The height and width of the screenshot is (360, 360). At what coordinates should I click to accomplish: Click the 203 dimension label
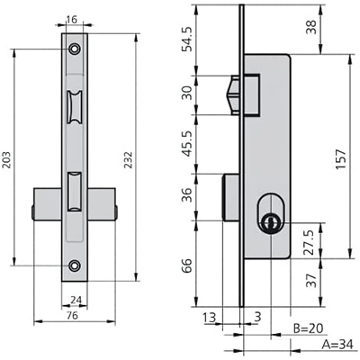point(6,159)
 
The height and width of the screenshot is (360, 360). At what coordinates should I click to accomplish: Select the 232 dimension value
point(129,159)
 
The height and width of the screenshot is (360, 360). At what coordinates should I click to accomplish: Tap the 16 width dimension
point(71,20)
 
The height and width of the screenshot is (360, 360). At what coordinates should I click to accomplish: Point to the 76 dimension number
point(72,315)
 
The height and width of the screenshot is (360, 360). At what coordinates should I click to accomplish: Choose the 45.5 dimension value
point(188,144)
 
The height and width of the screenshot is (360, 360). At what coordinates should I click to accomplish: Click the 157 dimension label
point(341,159)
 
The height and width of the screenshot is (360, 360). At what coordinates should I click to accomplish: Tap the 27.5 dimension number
point(310,243)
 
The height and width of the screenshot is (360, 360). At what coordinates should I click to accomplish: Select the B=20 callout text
point(308,328)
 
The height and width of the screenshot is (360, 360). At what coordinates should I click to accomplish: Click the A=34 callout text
point(338,345)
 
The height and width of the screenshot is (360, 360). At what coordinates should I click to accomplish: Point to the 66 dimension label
point(187,265)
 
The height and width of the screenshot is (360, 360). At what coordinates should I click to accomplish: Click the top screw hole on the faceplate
point(74,49)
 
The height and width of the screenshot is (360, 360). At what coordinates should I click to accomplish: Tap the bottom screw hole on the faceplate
point(74,265)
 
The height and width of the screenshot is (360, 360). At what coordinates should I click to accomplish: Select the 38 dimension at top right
point(311,28)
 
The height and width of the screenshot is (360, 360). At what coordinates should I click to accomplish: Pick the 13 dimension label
point(210,318)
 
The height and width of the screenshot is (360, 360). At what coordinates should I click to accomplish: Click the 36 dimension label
point(187,194)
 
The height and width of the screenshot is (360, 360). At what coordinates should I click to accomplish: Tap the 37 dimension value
point(312,281)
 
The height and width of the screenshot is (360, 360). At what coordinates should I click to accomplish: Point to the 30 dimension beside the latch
point(188,93)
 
